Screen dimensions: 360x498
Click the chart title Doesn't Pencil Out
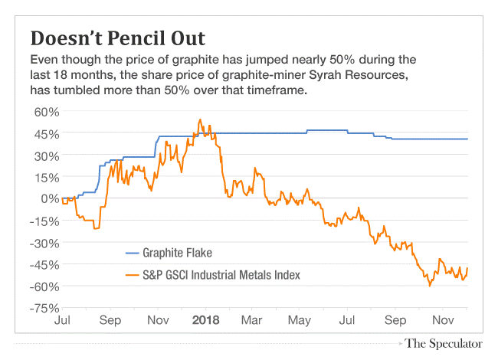(x=117, y=38)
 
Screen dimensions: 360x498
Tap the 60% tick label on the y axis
(x=45, y=112)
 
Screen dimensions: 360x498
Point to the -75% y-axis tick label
(x=43, y=308)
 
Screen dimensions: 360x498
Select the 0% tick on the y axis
(x=49, y=199)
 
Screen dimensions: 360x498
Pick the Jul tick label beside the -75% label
(x=64, y=319)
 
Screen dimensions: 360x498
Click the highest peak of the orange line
(x=200, y=119)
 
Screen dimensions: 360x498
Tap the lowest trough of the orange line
(x=430, y=286)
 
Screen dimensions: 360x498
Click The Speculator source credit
(x=444, y=343)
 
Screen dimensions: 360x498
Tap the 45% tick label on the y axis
(x=45, y=134)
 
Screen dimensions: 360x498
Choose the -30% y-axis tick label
(x=43, y=243)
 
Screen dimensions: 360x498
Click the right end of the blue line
(x=467, y=139)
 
